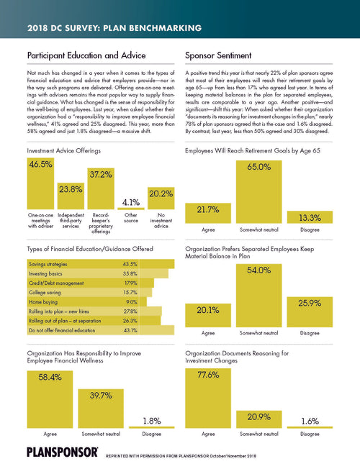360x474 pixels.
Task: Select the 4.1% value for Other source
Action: (130, 202)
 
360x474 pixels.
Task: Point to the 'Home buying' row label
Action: (44, 302)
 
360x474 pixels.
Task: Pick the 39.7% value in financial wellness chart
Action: (101, 398)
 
